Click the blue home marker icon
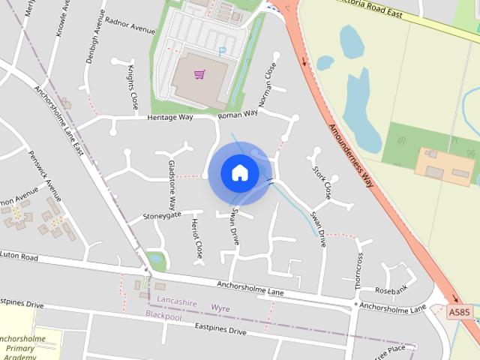coord(240,173)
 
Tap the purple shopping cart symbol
coord(199,74)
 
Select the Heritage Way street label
coord(170,118)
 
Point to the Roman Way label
coord(238,115)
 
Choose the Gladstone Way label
coord(172,184)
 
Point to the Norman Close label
coord(268,85)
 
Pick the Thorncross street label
coord(360,271)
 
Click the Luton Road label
coord(19,256)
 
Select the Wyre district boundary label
coord(220,308)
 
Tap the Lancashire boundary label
coord(177,301)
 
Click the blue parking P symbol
coord(222,51)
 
